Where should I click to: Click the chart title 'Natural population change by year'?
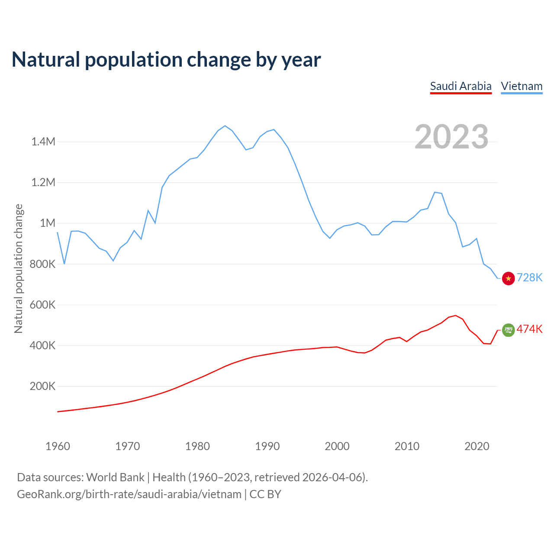(x=166, y=60)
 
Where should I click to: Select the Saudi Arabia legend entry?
(x=461, y=86)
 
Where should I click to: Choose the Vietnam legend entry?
(x=522, y=86)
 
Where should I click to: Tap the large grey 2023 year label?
(x=451, y=137)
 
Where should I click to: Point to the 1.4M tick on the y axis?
(x=43, y=142)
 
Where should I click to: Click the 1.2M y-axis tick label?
(x=43, y=182)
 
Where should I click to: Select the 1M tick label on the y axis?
(x=48, y=223)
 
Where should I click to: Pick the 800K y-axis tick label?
(x=42, y=264)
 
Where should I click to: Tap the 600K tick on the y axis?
(x=42, y=305)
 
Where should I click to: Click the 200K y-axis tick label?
(x=42, y=386)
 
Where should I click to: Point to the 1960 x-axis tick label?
(x=58, y=446)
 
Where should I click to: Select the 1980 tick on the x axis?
(x=197, y=446)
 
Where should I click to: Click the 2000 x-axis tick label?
(x=337, y=446)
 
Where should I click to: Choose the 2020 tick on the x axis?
(x=477, y=446)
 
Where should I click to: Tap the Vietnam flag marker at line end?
(x=508, y=278)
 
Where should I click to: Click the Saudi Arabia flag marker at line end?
(x=508, y=330)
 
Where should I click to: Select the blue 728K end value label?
(x=530, y=277)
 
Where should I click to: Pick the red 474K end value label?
(x=530, y=329)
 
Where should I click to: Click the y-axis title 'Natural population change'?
(x=19, y=268)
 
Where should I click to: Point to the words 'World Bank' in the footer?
(x=115, y=477)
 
